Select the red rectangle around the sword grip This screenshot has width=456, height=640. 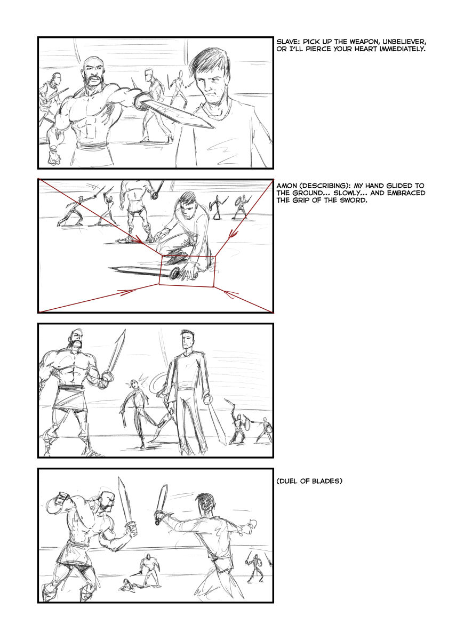coord(187,257)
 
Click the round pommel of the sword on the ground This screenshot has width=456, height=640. coord(174,274)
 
